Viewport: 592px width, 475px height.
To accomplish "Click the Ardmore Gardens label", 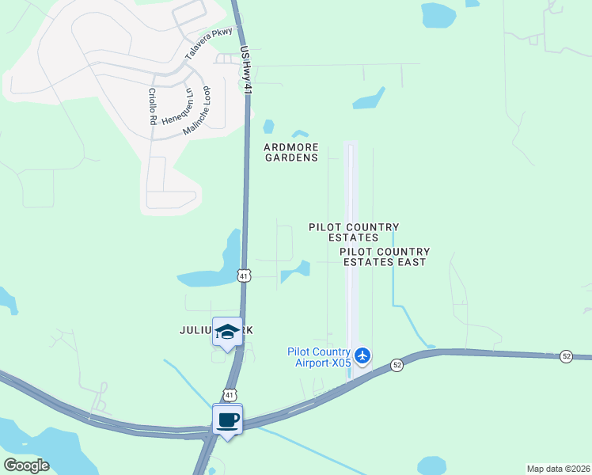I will point(292,152).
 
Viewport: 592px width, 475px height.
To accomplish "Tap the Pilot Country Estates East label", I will point(383,256).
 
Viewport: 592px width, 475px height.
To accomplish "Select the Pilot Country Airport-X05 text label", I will point(319,357).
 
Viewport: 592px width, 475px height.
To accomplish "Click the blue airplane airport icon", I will point(362,355).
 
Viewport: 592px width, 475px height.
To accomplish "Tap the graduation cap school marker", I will point(227,332).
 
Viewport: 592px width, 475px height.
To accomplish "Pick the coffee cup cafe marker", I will point(227,420).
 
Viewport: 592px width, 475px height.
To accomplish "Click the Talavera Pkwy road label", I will point(210,43).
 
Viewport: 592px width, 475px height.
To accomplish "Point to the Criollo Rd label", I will point(151,107).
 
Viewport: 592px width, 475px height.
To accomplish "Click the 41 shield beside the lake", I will point(244,275).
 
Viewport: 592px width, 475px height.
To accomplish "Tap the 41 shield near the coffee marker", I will point(228,393).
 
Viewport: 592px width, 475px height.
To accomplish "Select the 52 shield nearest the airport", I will point(397,364).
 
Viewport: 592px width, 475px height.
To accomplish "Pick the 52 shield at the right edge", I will point(566,356).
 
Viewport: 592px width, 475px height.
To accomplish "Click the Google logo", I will point(26,465).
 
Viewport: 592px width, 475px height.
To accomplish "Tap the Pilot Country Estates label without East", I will point(353,232).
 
